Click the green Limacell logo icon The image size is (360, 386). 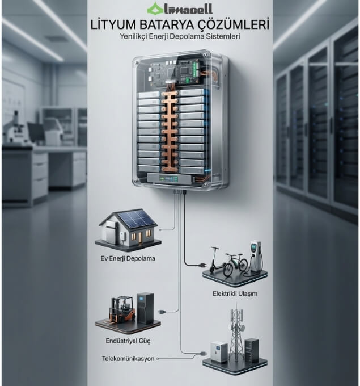pos(155,9)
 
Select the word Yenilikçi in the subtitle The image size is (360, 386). pos(133,36)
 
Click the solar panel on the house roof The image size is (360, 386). pos(137,218)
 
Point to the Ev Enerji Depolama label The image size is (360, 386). pos(128,258)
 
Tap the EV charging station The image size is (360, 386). pos(256,256)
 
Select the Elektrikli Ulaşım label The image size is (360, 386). pos(235,293)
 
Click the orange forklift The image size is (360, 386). pos(122,309)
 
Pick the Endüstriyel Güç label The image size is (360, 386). pos(128,341)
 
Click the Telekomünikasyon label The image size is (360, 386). pos(128,359)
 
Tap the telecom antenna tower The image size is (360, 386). pos(236,332)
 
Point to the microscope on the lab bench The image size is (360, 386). pos(15,128)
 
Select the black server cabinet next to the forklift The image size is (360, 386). pos(145,308)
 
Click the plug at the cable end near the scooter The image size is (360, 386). pos(203,265)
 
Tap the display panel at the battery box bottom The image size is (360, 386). pos(170,178)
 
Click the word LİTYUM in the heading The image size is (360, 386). pos(113,25)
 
